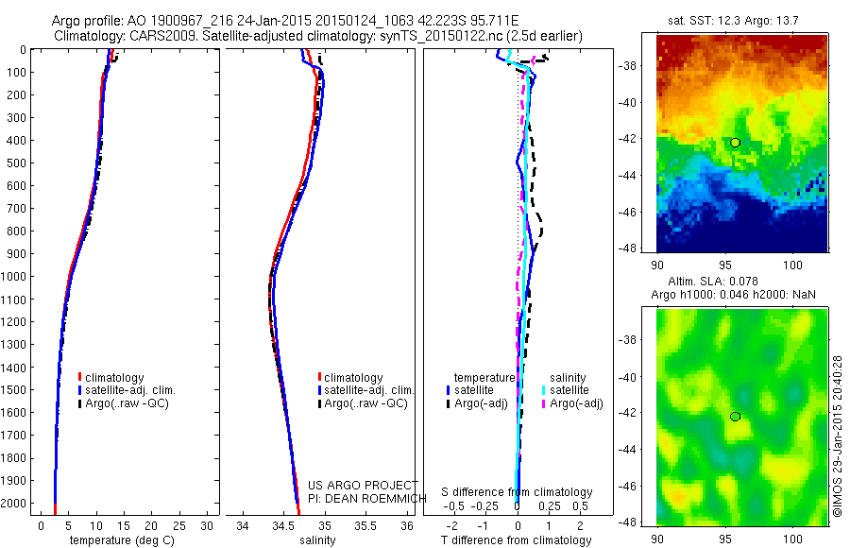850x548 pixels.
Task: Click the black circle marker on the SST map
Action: click(x=735, y=143)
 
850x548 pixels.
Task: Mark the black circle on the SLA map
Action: click(x=735, y=417)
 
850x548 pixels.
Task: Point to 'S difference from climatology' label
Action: click(x=518, y=492)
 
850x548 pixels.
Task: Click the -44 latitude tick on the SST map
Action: click(x=640, y=175)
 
